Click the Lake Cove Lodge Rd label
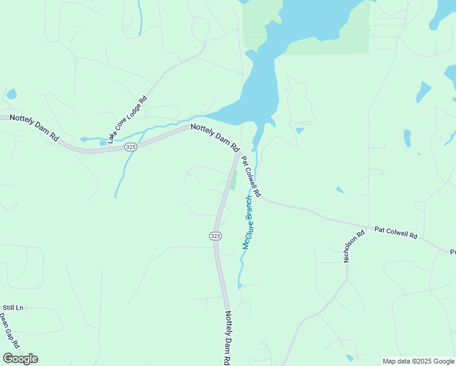click(x=127, y=120)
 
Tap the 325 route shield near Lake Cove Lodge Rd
click(x=130, y=147)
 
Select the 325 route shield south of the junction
click(x=215, y=236)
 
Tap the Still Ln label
click(x=13, y=308)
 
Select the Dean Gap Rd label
click(x=9, y=332)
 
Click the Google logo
click(x=20, y=359)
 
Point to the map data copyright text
click(x=418, y=361)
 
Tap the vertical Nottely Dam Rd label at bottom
click(x=227, y=338)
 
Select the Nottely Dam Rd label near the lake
click(x=215, y=138)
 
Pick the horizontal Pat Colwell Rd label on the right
click(x=396, y=233)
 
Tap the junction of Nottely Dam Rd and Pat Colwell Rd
click(x=238, y=153)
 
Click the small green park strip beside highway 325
click(x=232, y=181)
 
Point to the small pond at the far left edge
click(x=12, y=94)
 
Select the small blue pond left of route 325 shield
click(x=103, y=143)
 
